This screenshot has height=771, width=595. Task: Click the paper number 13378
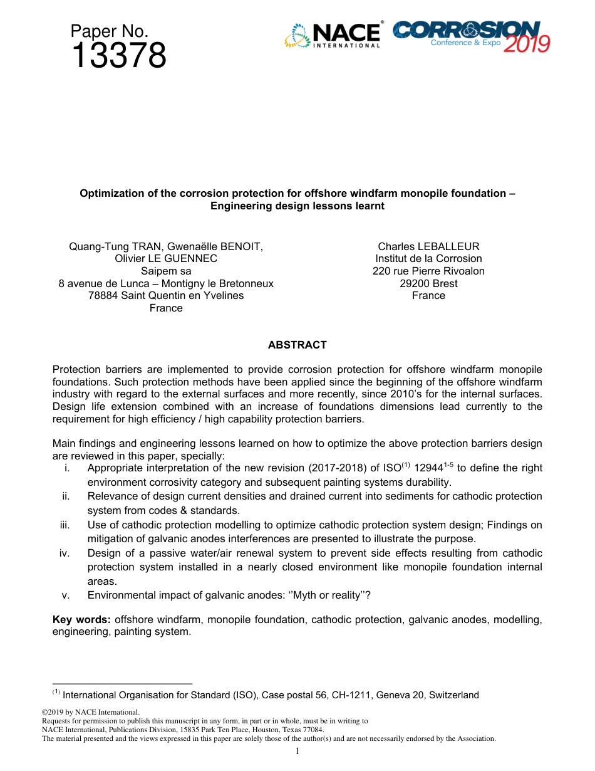tap(118, 56)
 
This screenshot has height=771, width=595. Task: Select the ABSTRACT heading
tap(297, 345)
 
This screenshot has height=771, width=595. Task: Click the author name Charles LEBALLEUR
tap(428, 246)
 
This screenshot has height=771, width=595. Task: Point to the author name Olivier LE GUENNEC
tap(166, 258)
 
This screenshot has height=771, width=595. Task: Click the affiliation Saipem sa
tap(166, 271)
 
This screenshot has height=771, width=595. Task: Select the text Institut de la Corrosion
tap(428, 258)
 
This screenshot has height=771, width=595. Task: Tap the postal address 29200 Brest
tap(428, 283)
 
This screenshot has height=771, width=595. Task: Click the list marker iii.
tap(65, 525)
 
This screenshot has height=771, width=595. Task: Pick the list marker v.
tap(66, 595)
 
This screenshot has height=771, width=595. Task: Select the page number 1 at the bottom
tap(297, 751)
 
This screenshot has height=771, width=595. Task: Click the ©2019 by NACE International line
tap(90, 712)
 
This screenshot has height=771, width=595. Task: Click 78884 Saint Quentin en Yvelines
tap(166, 295)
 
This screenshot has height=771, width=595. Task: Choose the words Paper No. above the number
tap(109, 31)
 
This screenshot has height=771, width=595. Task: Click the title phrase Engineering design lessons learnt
tap(297, 206)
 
